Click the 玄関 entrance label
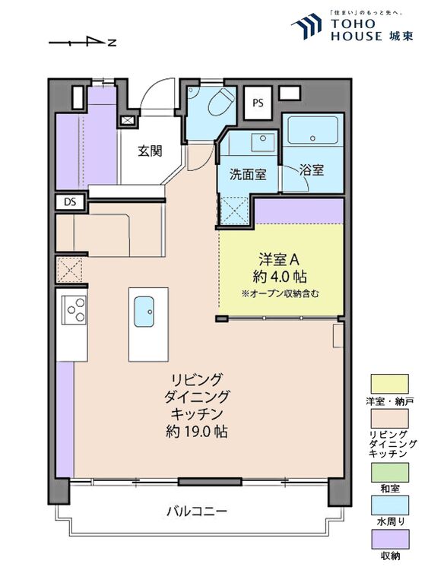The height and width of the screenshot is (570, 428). [150, 150]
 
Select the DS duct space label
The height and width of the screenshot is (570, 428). [70, 202]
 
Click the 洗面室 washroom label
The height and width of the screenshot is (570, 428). [248, 174]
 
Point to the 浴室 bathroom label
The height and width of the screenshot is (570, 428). [312, 170]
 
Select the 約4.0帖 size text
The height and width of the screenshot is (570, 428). [281, 276]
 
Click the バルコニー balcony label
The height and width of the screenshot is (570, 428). [196, 511]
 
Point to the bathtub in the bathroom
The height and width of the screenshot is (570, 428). [312, 131]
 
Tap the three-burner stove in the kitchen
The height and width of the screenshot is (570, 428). [75, 309]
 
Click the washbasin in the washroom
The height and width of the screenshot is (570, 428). [263, 141]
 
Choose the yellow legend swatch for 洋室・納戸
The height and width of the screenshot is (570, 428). [389, 384]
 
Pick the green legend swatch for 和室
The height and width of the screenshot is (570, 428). [389, 472]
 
